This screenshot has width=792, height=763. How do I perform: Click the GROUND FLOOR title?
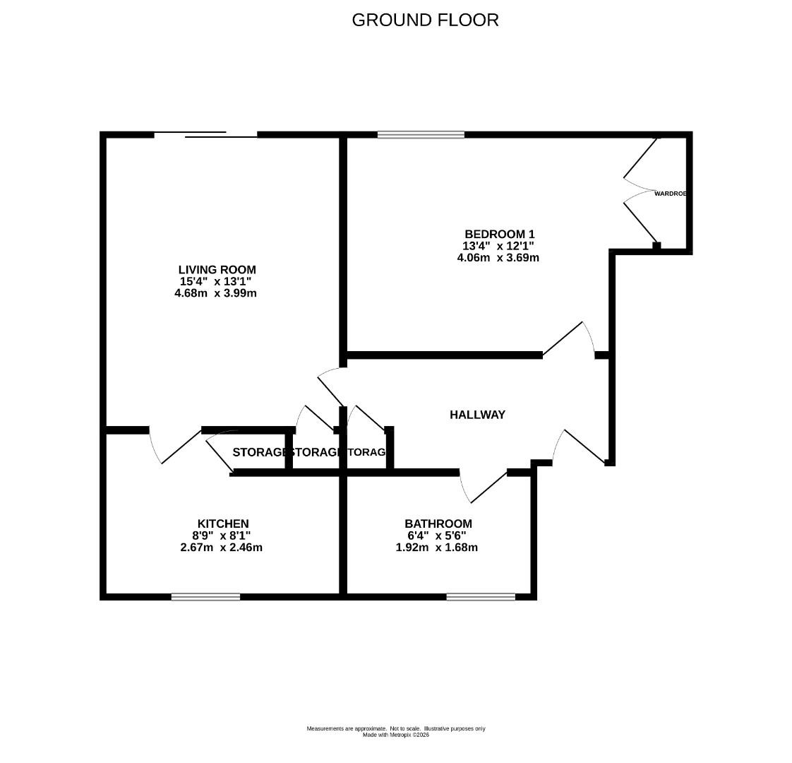pyautogui.click(x=425, y=20)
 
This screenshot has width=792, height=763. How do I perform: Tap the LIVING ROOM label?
pyautogui.click(x=217, y=269)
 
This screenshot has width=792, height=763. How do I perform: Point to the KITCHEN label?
pyautogui.click(x=222, y=524)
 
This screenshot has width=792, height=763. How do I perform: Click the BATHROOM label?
pyautogui.click(x=438, y=524)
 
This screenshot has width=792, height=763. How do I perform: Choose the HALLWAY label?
pyautogui.click(x=477, y=415)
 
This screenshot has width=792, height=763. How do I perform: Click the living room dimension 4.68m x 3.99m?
pyautogui.click(x=215, y=292)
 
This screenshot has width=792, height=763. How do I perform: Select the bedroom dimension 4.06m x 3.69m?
pyautogui.click(x=498, y=258)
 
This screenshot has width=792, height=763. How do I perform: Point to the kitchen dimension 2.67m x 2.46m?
pyautogui.click(x=222, y=547)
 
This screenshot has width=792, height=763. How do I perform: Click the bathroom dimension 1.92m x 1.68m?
pyautogui.click(x=437, y=547)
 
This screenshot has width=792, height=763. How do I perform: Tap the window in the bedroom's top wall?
pyautogui.click(x=421, y=134)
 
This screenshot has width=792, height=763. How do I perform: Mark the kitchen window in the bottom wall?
pyautogui.click(x=205, y=597)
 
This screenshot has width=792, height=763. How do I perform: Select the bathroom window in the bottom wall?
pyautogui.click(x=481, y=597)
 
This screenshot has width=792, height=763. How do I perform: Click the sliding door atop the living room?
pyautogui.click(x=205, y=134)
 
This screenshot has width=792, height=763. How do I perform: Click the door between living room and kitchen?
pyautogui.click(x=174, y=448)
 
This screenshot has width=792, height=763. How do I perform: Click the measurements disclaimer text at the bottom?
pyautogui.click(x=395, y=728)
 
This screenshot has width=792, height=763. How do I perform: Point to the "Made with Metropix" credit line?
pyautogui.click(x=395, y=735)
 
